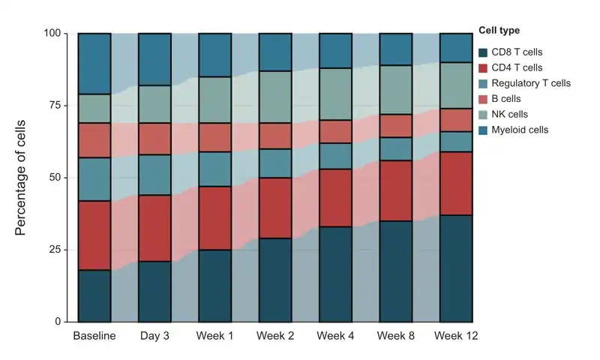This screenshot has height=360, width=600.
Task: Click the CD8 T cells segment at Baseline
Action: coord(94,295)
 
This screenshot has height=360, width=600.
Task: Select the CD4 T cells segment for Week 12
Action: coord(456,184)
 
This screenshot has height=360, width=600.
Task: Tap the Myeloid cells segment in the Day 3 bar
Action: coord(154,59)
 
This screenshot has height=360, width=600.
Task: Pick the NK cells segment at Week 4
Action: coord(335,94)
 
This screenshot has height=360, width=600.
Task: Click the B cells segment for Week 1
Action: coord(215,137)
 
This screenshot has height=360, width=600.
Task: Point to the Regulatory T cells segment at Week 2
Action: coord(275,163)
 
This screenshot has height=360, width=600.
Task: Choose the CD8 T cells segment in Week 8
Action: coord(396,271)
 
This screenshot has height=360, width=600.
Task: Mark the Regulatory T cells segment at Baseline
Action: coord(94,179)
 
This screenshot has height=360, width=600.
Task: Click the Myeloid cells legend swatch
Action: coord(483,130)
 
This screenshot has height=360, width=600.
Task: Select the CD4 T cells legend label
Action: coord(517,67)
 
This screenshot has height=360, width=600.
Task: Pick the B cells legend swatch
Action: coord(483,99)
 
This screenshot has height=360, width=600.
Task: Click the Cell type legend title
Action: coord(499,30)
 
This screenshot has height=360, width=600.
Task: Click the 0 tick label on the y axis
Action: coord(58,322)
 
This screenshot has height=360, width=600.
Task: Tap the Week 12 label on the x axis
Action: coord(456,336)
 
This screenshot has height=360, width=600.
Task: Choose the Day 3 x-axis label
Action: coord(154,336)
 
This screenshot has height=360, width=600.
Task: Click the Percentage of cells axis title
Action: coord(20,178)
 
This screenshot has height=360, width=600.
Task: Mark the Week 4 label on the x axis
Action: coord(335,336)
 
